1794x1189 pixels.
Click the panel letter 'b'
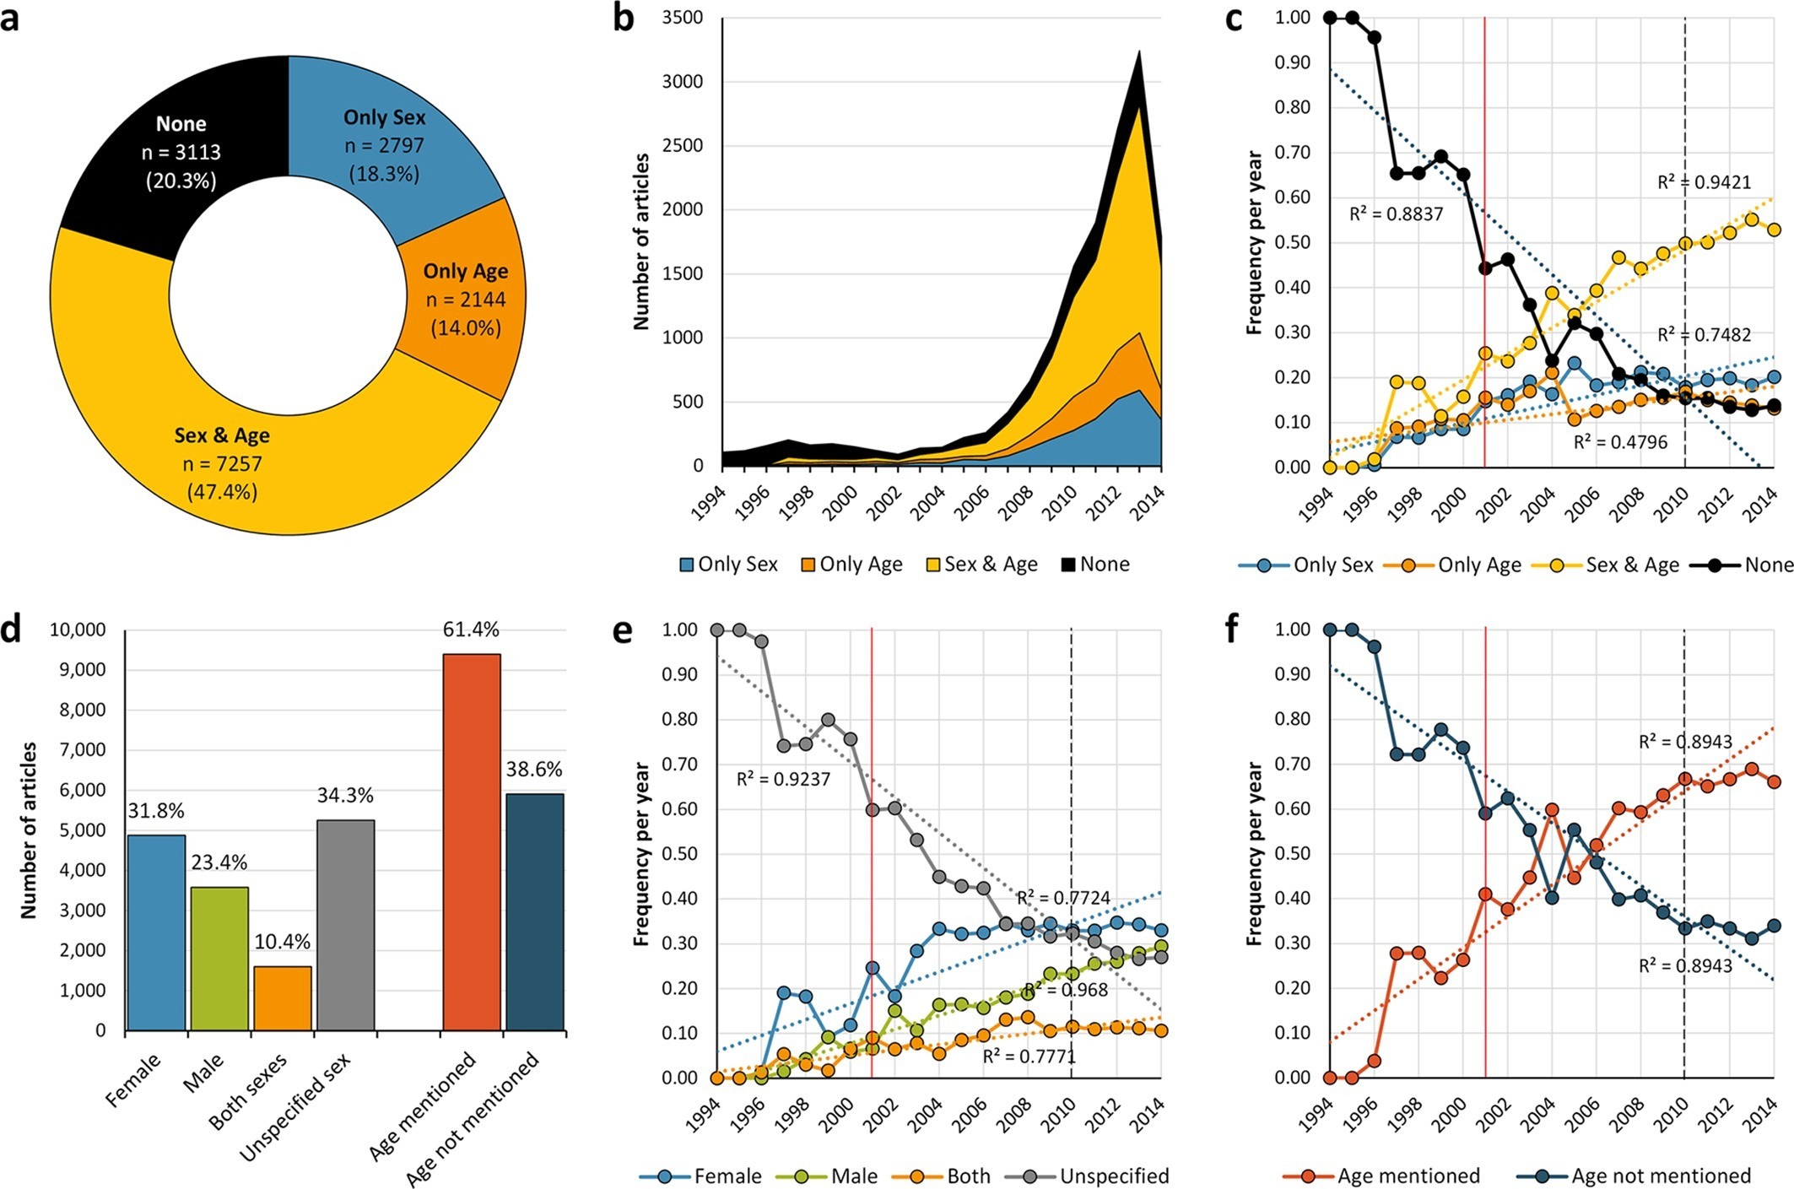(x=623, y=19)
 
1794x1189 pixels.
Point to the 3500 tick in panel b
(x=683, y=18)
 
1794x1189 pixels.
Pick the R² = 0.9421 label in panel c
(x=1704, y=182)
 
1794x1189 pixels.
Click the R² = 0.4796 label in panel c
(x=1620, y=442)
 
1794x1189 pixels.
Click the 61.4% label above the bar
(x=471, y=630)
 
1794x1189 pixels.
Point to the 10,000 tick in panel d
(x=78, y=630)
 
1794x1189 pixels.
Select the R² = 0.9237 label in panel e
(x=783, y=779)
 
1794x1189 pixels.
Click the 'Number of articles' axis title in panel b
(x=641, y=241)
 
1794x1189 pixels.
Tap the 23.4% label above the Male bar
(x=219, y=862)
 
